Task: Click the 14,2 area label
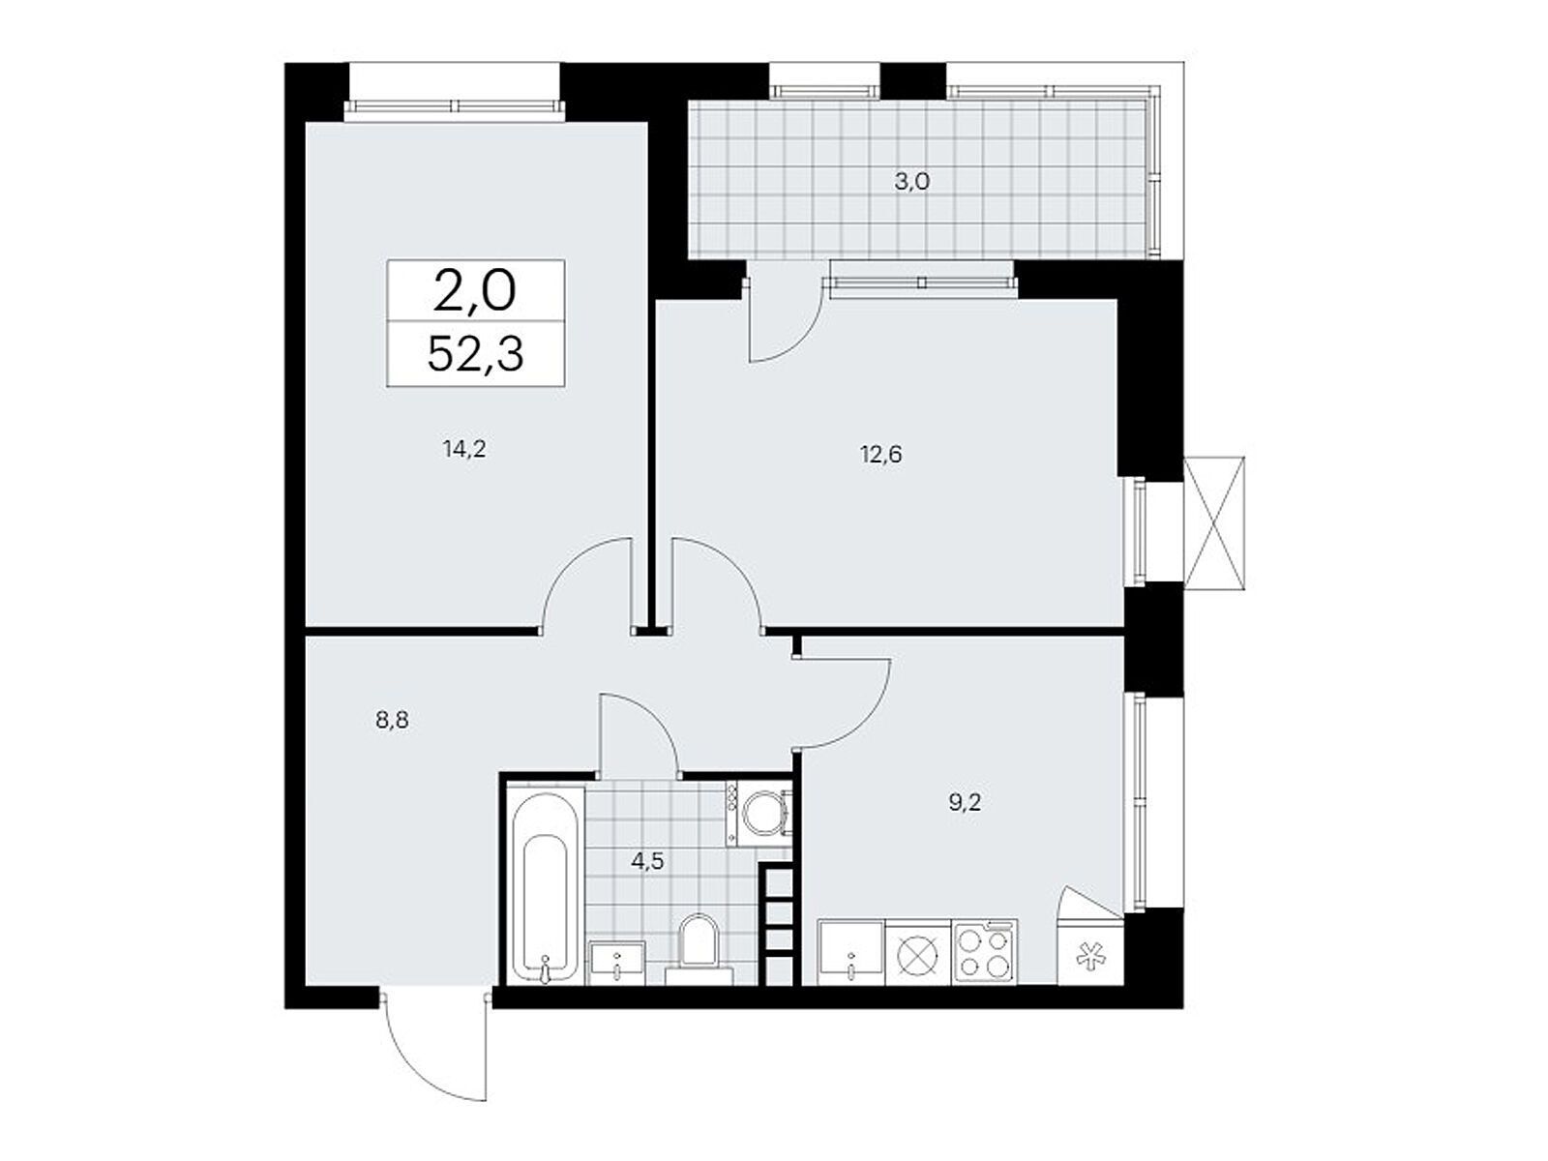(463, 448)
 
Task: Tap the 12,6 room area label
(880, 454)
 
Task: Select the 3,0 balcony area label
(910, 181)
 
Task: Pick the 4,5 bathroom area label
(646, 861)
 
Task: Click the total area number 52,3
(475, 355)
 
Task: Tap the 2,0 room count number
(474, 291)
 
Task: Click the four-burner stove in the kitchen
(984, 952)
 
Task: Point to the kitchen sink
(850, 952)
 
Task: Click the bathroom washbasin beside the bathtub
(617, 962)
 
